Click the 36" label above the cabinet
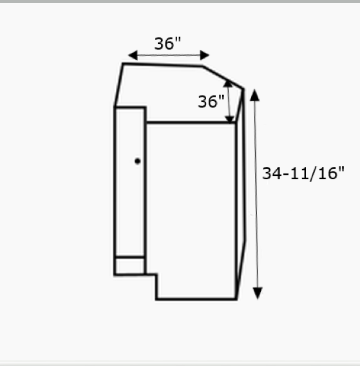pyautogui.click(x=167, y=43)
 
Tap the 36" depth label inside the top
pyautogui.click(x=211, y=101)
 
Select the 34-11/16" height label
pyautogui.click(x=303, y=173)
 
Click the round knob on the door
pyautogui.click(x=137, y=161)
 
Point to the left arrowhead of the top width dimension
pyautogui.click(x=133, y=55)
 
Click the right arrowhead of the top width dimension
pyautogui.click(x=205, y=55)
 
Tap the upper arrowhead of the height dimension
pyautogui.click(x=254, y=95)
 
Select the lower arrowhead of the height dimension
pyautogui.click(x=258, y=293)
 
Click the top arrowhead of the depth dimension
pyautogui.click(x=228, y=84)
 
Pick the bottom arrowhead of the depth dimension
pyautogui.click(x=230, y=119)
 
